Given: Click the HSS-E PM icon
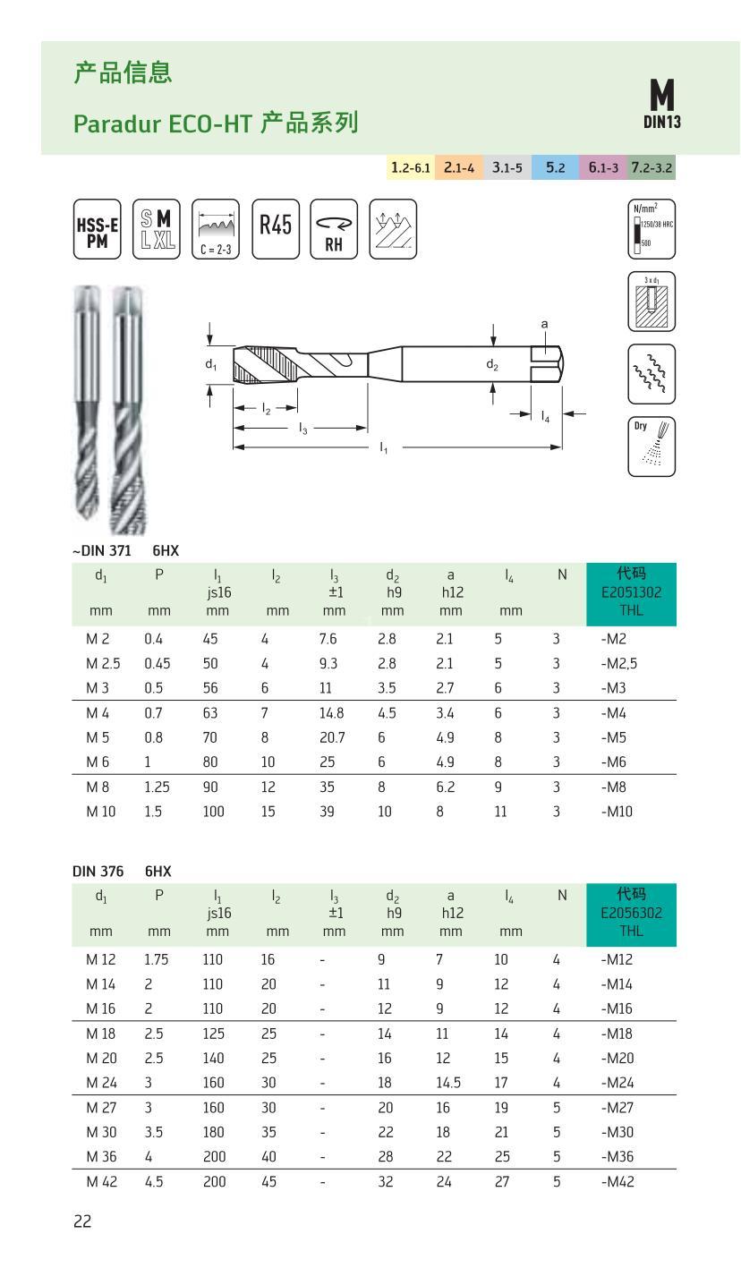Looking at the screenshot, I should click(x=96, y=229).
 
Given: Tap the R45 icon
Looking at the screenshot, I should click(x=276, y=229).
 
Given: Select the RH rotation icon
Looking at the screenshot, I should click(x=334, y=229).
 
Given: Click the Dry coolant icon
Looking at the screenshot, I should click(x=652, y=446).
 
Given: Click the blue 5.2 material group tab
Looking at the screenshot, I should click(x=555, y=166).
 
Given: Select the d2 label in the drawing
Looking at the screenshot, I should click(x=492, y=364).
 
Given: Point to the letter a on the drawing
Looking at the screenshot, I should click(x=544, y=324).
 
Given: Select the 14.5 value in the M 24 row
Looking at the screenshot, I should click(x=449, y=1080).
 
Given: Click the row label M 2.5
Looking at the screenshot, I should click(x=103, y=663).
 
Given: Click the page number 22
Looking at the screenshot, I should click(x=82, y=1221).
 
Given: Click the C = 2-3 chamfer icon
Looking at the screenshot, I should click(x=216, y=229).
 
